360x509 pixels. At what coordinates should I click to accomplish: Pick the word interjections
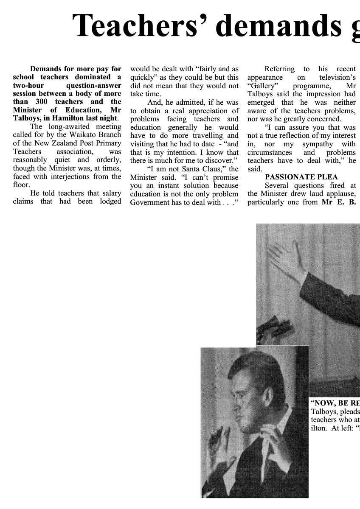[x=84, y=176]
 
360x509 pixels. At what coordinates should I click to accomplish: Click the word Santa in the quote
[x=189, y=169]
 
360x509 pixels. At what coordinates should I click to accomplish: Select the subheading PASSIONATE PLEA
[x=295, y=177]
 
